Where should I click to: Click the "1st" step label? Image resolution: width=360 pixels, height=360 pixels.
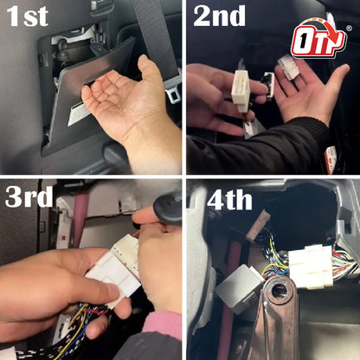pos(28,16)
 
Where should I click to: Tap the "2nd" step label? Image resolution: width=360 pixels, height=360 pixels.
pos(219,16)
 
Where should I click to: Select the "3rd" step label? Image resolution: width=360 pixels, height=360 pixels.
pos(29,196)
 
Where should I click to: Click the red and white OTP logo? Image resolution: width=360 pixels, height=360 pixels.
pos(319,38)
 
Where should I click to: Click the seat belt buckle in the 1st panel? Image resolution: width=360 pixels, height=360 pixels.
pos(173,92)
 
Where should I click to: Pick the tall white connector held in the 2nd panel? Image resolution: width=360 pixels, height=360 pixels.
pos(241,89)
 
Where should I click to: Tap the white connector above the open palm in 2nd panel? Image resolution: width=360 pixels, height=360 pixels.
pos(288,67)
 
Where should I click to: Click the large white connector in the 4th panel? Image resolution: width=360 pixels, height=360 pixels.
pos(311,266)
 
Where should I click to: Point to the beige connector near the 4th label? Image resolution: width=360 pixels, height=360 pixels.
pos(257,226)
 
